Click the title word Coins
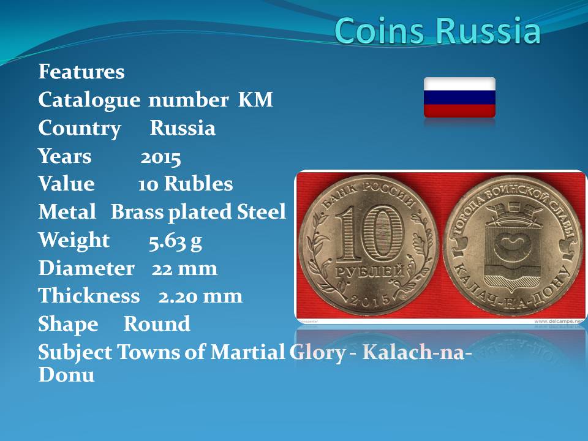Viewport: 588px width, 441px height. pyautogui.click(x=380, y=30)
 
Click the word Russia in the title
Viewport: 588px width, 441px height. pyautogui.click(x=488, y=30)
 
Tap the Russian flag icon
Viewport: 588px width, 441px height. pyautogui.click(x=459, y=97)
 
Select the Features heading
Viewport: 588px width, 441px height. pyautogui.click(x=81, y=71)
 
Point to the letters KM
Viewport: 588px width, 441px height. pyautogui.click(x=255, y=99)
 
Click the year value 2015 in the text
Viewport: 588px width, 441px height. pyautogui.click(x=160, y=157)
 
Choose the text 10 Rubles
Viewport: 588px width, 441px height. pyautogui.click(x=185, y=184)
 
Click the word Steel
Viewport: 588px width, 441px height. pyautogui.click(x=262, y=211)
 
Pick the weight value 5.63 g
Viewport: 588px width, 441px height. pyautogui.click(x=175, y=241)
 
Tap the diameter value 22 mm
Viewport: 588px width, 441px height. pyautogui.click(x=184, y=268)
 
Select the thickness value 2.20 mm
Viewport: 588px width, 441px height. pyautogui.click(x=200, y=296)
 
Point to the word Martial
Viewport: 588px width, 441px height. pyautogui.click(x=247, y=352)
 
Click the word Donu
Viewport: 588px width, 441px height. pyautogui.click(x=66, y=374)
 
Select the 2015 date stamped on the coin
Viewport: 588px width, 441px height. pyautogui.click(x=370, y=300)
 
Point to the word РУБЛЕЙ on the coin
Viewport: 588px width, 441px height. pyautogui.click(x=370, y=271)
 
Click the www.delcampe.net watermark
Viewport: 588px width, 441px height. pyautogui.click(x=559, y=322)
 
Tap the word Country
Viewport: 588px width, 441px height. pyautogui.click(x=80, y=129)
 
